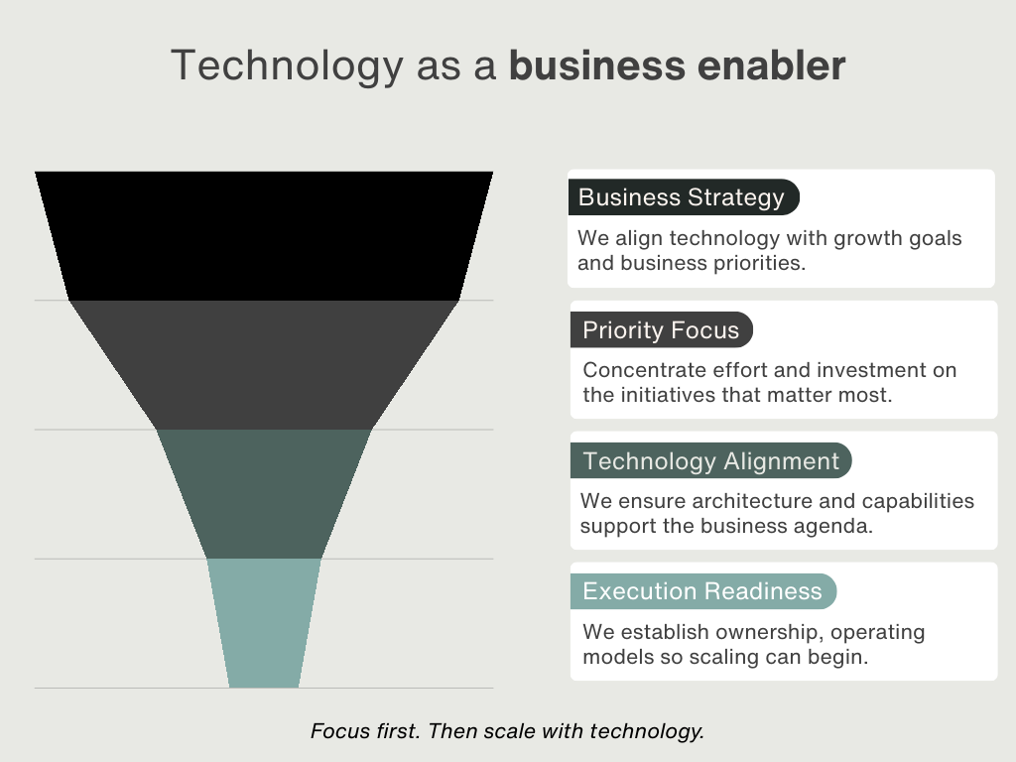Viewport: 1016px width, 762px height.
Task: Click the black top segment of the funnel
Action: [264, 235]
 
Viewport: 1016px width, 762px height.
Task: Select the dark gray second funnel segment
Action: [264, 364]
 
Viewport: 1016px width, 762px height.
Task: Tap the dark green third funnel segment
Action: [264, 493]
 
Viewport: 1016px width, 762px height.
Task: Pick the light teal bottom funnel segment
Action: [264, 622]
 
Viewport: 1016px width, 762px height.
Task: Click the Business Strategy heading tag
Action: [682, 197]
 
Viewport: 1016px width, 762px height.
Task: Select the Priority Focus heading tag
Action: [661, 329]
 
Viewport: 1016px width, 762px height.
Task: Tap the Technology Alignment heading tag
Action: [710, 461]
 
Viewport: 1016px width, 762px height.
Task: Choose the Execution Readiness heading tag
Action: [702, 591]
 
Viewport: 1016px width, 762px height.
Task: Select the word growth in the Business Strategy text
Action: [825, 238]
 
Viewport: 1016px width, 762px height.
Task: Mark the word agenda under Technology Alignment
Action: [837, 526]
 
